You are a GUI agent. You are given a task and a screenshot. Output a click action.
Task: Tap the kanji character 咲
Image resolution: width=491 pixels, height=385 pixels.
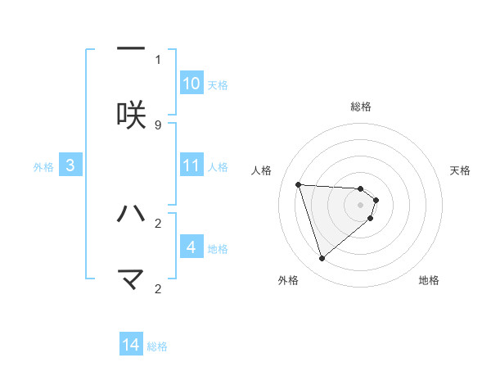click(131, 115)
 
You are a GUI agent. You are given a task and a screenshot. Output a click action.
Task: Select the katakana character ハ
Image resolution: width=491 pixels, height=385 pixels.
click(131, 214)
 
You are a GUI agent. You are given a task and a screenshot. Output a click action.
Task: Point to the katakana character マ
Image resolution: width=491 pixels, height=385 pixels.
click(131, 280)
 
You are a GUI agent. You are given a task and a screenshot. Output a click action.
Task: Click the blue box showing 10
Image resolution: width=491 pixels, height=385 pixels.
click(191, 84)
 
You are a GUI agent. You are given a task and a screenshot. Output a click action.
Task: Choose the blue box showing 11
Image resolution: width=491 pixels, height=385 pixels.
click(191, 165)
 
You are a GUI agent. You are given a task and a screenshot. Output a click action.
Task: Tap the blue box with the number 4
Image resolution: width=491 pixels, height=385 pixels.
click(191, 247)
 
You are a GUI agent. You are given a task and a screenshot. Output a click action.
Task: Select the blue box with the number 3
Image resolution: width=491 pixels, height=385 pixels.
click(70, 165)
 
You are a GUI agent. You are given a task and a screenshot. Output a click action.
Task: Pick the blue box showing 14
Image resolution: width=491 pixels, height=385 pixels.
click(131, 345)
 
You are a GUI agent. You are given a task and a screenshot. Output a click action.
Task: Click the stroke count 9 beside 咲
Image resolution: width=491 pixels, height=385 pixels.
click(158, 125)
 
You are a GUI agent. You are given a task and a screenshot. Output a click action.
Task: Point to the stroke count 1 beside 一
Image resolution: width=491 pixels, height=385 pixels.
click(158, 59)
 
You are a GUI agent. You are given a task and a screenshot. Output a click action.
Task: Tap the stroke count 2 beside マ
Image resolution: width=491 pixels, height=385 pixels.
click(158, 288)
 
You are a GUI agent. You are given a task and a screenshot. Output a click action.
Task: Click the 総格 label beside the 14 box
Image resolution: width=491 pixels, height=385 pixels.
click(157, 346)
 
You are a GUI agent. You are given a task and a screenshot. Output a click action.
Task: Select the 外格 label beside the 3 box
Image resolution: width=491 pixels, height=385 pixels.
click(43, 167)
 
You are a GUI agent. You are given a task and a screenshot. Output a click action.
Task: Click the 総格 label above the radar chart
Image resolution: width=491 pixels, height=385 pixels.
click(361, 106)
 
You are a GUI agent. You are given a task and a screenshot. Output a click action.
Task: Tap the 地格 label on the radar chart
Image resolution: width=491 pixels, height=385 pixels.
click(429, 280)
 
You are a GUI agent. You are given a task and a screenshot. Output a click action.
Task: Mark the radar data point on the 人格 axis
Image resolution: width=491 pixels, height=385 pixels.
click(299, 184)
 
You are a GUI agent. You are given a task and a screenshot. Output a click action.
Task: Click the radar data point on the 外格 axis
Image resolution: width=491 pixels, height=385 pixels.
click(322, 259)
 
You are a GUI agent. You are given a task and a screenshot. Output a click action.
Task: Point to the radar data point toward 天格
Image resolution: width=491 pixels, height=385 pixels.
click(376, 200)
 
